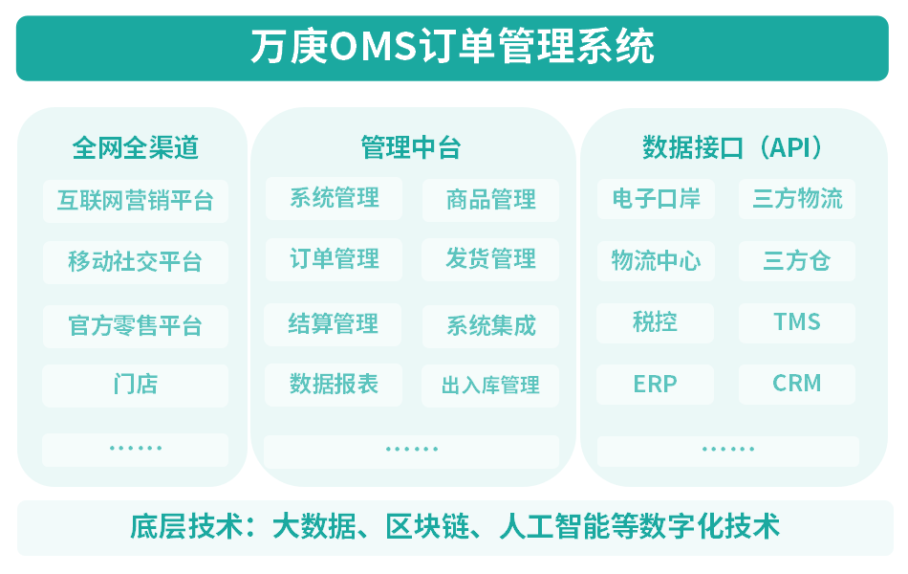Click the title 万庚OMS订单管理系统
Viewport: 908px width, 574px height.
tap(452, 46)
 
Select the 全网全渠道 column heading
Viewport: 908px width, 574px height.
tap(136, 148)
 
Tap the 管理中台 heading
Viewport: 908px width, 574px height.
tap(411, 147)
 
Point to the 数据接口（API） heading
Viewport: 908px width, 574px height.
tap(732, 147)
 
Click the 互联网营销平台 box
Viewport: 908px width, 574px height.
tap(136, 201)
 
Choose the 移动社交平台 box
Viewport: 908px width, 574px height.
tap(136, 262)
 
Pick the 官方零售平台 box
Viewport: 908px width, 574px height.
tap(136, 326)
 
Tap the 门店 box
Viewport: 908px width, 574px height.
tap(136, 385)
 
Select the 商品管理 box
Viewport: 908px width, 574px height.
tap(490, 200)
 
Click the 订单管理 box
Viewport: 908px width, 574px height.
tap(335, 259)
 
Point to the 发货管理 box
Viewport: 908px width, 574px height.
tap(490, 259)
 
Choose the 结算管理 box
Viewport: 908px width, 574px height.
tap(333, 324)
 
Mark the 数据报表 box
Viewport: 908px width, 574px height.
tap(334, 385)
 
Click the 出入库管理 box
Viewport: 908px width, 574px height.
tap(490, 385)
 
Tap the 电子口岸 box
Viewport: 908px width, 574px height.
tap(656, 199)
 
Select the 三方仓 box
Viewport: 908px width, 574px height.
tap(797, 261)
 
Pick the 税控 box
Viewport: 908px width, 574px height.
tap(655, 322)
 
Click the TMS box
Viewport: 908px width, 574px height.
tap(797, 322)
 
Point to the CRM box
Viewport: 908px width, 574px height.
tap(797, 384)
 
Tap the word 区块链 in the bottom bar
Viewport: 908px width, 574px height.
tap(427, 526)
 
